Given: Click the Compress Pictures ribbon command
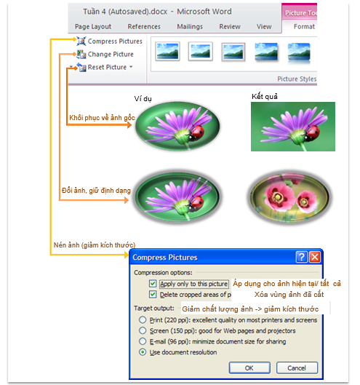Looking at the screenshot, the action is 109,41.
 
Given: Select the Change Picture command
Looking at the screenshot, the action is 105,55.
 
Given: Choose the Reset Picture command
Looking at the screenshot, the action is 105,67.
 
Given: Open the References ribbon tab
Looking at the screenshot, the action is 144,26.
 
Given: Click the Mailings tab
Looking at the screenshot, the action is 190,26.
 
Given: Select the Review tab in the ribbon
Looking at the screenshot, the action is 230,26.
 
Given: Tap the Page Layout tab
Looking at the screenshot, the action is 93,26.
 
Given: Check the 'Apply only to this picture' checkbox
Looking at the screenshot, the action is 153,284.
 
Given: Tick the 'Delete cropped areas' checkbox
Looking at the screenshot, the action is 153,294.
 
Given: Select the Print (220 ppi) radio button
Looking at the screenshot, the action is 143,320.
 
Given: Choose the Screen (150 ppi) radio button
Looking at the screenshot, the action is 143,330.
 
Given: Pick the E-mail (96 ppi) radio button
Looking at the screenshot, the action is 143,341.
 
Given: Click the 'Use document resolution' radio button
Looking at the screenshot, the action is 143,352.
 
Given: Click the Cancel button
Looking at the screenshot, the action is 297,368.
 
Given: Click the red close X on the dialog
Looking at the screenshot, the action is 315,257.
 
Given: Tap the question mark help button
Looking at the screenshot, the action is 302,257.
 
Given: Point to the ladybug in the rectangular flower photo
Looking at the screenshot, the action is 312,133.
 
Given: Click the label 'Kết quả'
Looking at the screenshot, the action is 265,97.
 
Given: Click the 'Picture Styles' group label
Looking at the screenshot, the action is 297,79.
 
